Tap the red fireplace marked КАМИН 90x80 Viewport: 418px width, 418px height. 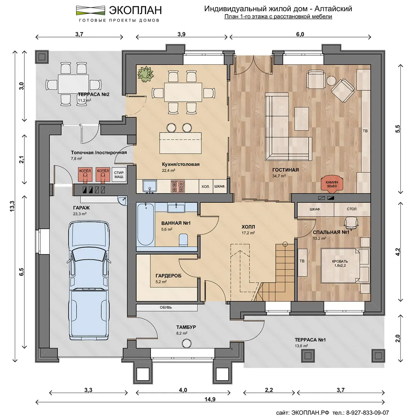[332, 185]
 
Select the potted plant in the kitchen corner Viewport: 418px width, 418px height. [145, 74]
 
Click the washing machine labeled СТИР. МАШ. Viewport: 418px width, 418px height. [119, 175]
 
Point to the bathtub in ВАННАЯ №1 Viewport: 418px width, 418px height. [146, 224]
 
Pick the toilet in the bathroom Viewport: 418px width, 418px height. [184, 240]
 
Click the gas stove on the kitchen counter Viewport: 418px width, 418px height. [177, 186]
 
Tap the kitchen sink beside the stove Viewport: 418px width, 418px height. [150, 186]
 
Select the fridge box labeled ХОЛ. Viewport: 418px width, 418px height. [206, 186]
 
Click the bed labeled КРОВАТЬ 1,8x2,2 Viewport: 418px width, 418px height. [340, 265]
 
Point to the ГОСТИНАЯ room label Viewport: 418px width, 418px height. [286, 170]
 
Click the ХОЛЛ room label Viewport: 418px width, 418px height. [248, 227]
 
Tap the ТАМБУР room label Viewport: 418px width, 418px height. [186, 327]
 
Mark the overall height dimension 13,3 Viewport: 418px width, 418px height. [12, 206]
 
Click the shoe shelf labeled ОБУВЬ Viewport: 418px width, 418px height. [166, 307]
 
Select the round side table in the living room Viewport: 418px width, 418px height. [331, 81]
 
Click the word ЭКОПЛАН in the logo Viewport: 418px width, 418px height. [136, 10]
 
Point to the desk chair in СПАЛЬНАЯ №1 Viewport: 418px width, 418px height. [351, 223]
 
